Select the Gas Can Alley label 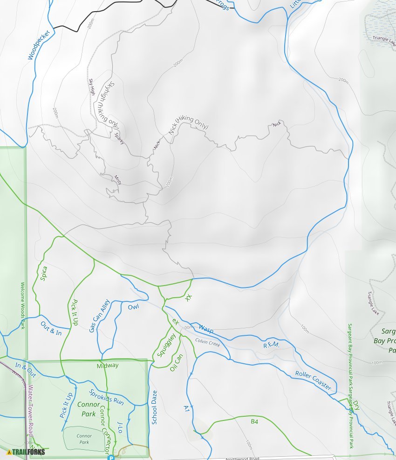click(x=99, y=316)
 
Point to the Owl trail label click(x=133, y=307)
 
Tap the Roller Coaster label click(x=313, y=380)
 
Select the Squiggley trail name click(x=166, y=345)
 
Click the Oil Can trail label click(x=177, y=362)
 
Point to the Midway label click(x=108, y=366)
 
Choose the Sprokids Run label click(x=106, y=397)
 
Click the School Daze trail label click(x=154, y=407)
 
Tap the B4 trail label click(x=254, y=422)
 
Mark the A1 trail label click(x=186, y=408)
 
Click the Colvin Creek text click(x=207, y=343)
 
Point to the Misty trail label click(x=118, y=180)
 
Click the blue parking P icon click(x=111, y=457)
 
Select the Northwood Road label click(x=242, y=458)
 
